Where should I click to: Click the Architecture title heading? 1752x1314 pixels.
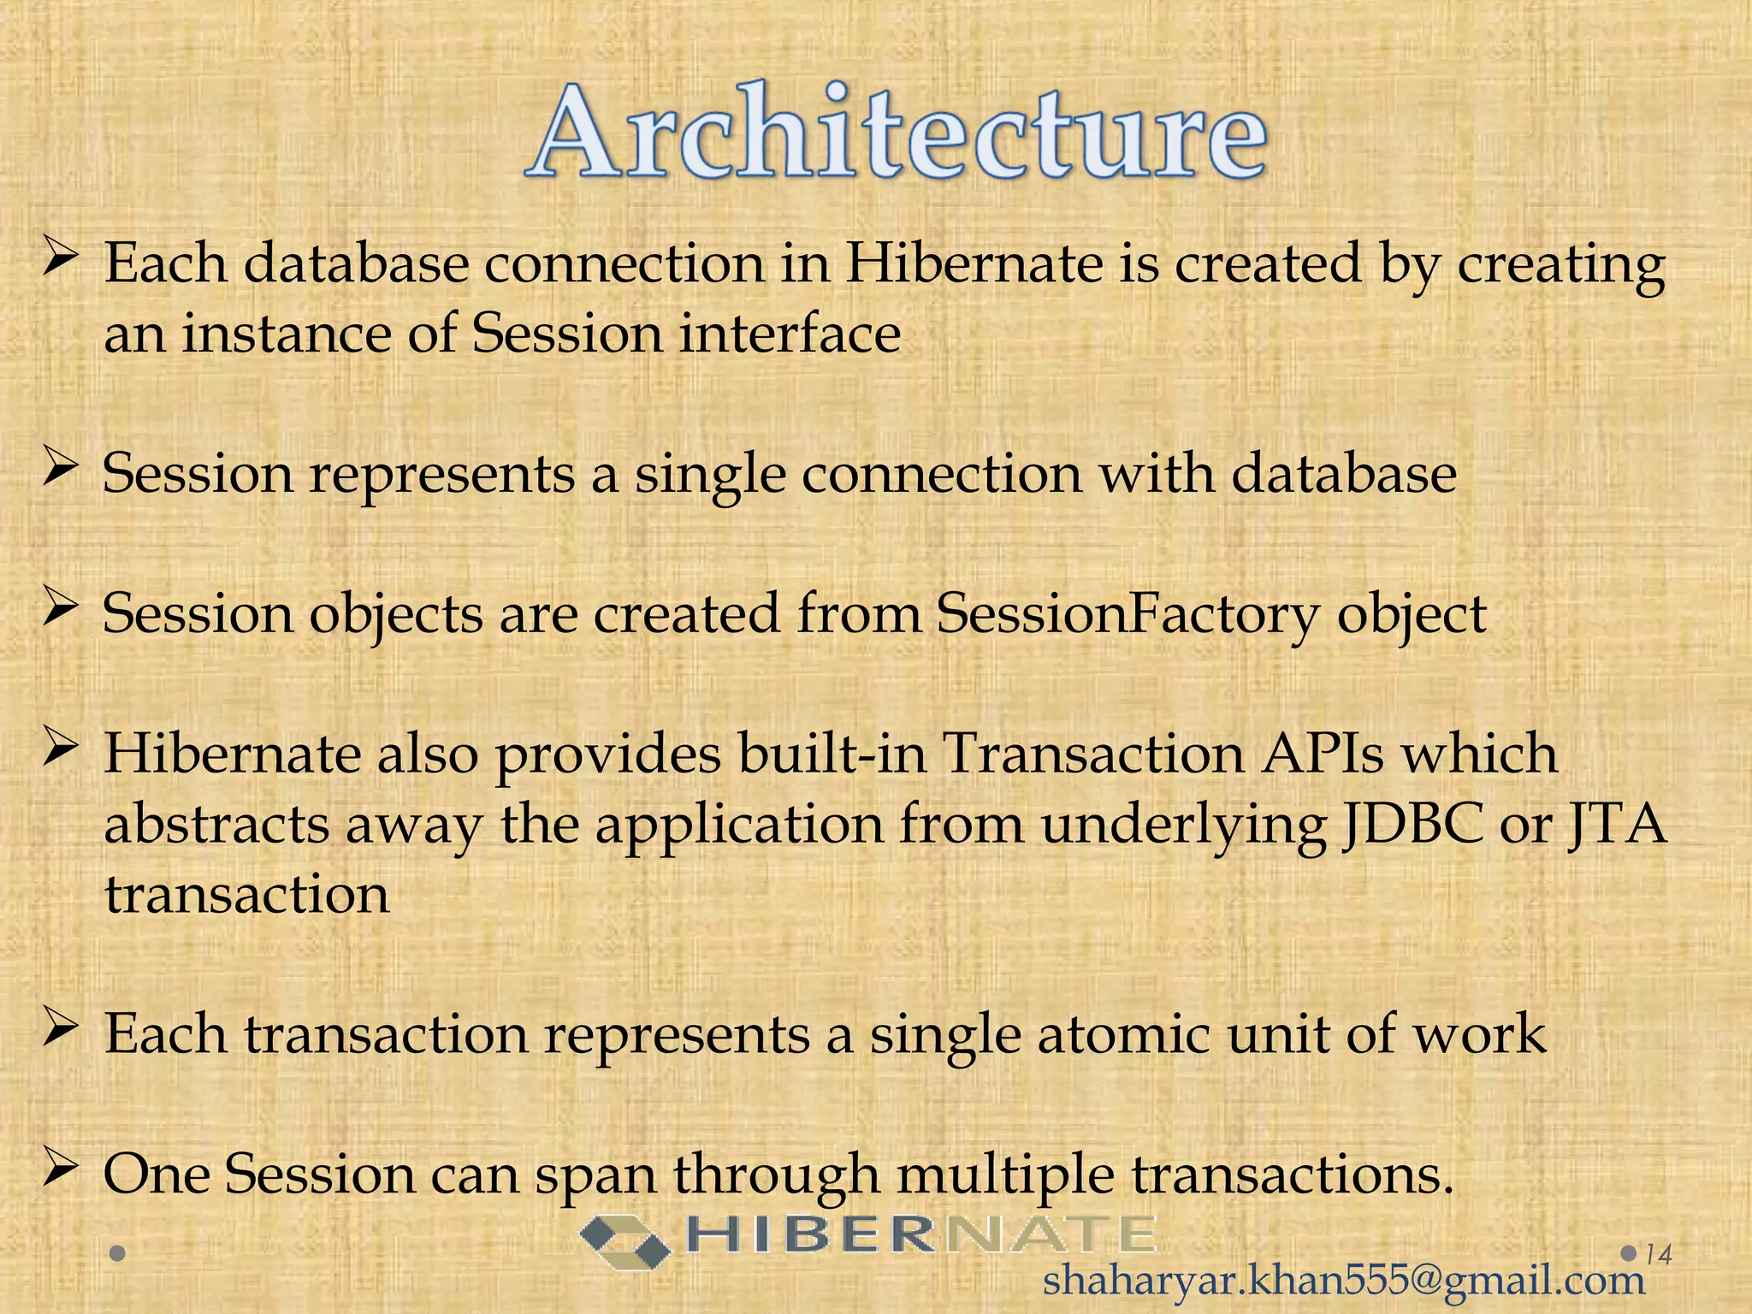tap(896, 133)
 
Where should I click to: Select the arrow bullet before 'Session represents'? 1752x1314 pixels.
tap(61, 470)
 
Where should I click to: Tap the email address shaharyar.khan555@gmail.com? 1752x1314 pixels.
tap(1343, 1281)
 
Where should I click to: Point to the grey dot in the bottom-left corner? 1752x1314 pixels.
tap(119, 1254)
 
